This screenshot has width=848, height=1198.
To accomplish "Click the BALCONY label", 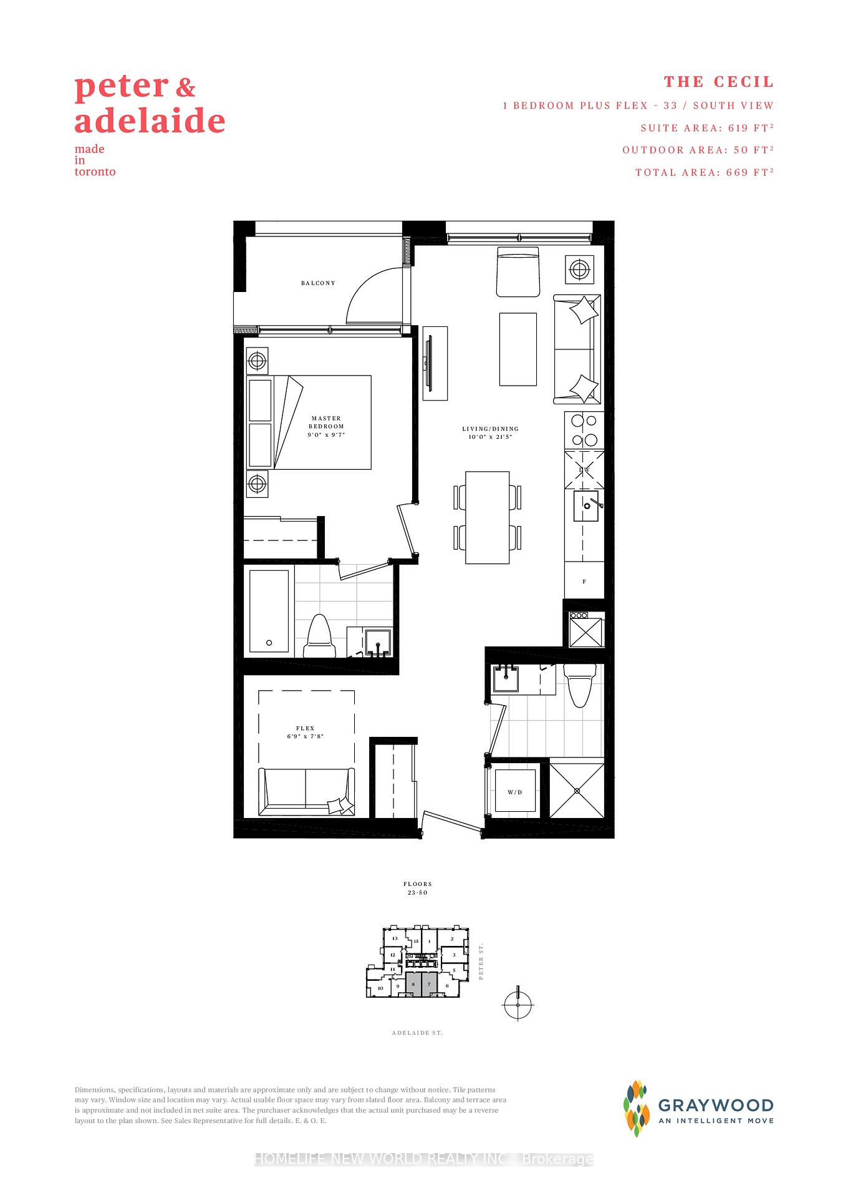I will pyautogui.click(x=318, y=283).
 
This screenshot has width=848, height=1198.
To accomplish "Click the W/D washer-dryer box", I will pyautogui.click(x=515, y=791).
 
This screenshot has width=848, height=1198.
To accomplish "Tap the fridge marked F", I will pyautogui.click(x=584, y=581).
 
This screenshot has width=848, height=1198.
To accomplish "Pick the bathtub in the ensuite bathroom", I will pyautogui.click(x=269, y=611).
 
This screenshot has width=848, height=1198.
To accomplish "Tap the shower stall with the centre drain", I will pyautogui.click(x=577, y=791).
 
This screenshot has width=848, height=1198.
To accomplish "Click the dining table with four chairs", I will pyautogui.click(x=488, y=517).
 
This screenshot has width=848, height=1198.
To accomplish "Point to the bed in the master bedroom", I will pyautogui.click(x=309, y=422).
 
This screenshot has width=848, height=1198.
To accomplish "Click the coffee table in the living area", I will pyautogui.click(x=518, y=349).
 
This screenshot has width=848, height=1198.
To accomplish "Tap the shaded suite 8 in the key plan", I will pyautogui.click(x=413, y=984).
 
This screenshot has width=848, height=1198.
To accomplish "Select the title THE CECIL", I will pyautogui.click(x=718, y=82).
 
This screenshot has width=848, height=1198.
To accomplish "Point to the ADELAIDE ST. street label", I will pyautogui.click(x=417, y=1033).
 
